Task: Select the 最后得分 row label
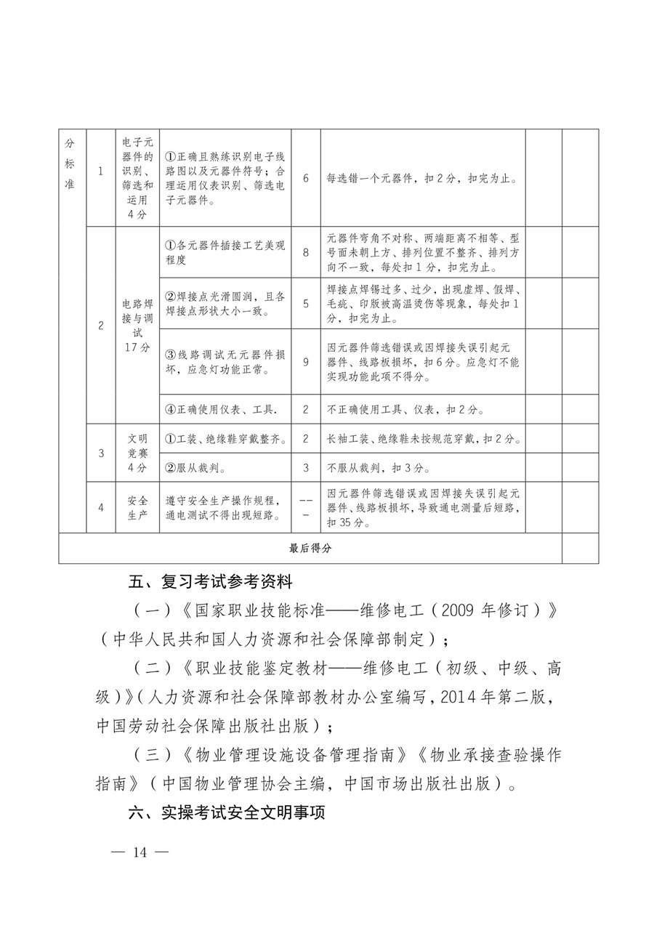click(x=310, y=549)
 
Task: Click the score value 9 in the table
click(x=306, y=361)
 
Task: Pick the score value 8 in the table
click(x=306, y=251)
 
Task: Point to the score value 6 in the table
click(x=306, y=178)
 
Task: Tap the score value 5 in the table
click(x=306, y=303)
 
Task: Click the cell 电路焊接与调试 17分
click(x=137, y=326)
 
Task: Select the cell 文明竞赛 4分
click(x=137, y=453)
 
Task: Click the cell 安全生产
click(x=137, y=507)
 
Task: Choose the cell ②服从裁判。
click(x=196, y=467)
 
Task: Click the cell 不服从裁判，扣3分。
click(x=379, y=467)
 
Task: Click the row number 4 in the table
click(x=101, y=507)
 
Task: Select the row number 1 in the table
click(x=101, y=171)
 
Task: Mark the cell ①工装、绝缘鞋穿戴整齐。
click(x=225, y=439)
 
